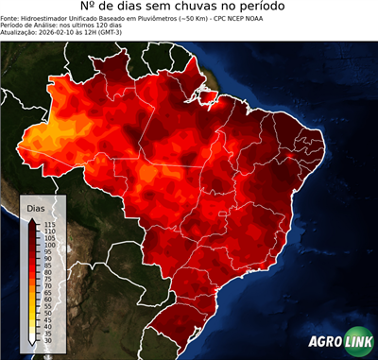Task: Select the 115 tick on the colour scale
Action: (x=49, y=224)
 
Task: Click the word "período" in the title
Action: (x=281, y=9)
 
